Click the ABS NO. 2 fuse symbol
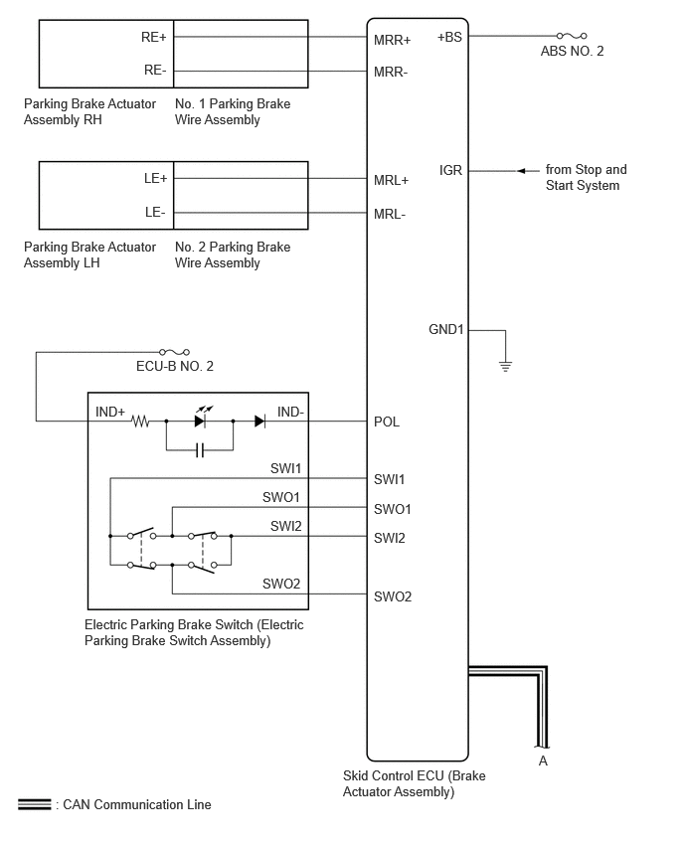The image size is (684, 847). tap(572, 36)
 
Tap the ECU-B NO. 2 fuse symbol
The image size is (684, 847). tap(174, 352)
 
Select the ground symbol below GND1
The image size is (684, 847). tap(505, 366)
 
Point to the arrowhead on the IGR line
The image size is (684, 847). tap(521, 171)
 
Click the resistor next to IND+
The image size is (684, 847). tap(140, 421)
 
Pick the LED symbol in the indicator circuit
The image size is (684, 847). tap(201, 419)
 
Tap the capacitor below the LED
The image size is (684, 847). tap(200, 450)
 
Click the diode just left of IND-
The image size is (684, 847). tap(259, 421)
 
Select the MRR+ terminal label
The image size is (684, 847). tap(393, 40)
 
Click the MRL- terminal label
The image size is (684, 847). tap(390, 215)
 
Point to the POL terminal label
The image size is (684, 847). tap(387, 422)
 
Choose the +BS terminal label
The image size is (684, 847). tap(449, 37)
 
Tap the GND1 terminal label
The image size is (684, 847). tap(446, 329)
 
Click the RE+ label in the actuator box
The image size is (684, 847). tap(154, 37)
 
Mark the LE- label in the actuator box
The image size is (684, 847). tap(155, 213)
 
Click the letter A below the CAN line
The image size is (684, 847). tap(543, 761)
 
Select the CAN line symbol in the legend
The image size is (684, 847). tap(35, 804)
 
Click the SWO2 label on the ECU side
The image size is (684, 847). tap(393, 596)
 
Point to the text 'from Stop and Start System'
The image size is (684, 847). tap(587, 177)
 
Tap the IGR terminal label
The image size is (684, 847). tap(450, 171)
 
